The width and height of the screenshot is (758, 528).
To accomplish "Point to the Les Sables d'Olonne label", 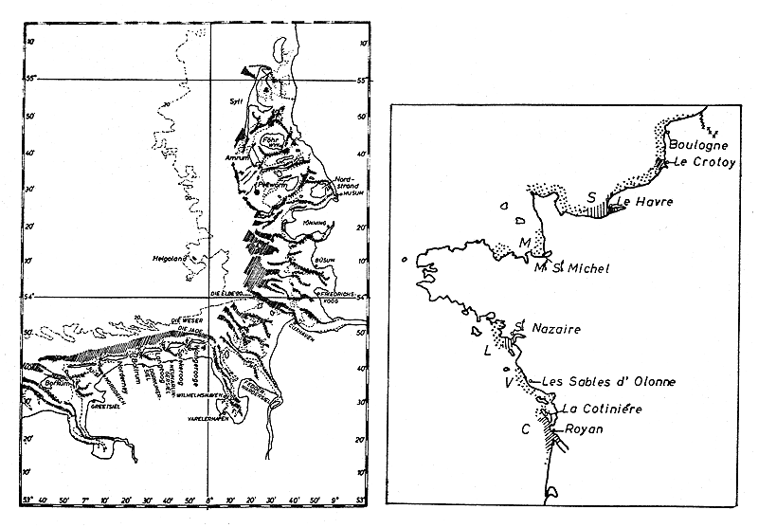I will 607,382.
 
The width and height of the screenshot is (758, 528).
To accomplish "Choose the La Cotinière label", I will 603,409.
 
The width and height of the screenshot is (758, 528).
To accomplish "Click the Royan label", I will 584,428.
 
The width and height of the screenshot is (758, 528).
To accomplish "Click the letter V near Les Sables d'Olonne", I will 510,383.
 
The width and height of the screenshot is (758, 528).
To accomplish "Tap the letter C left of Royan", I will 525,428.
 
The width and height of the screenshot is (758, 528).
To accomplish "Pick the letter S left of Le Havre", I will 592,197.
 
